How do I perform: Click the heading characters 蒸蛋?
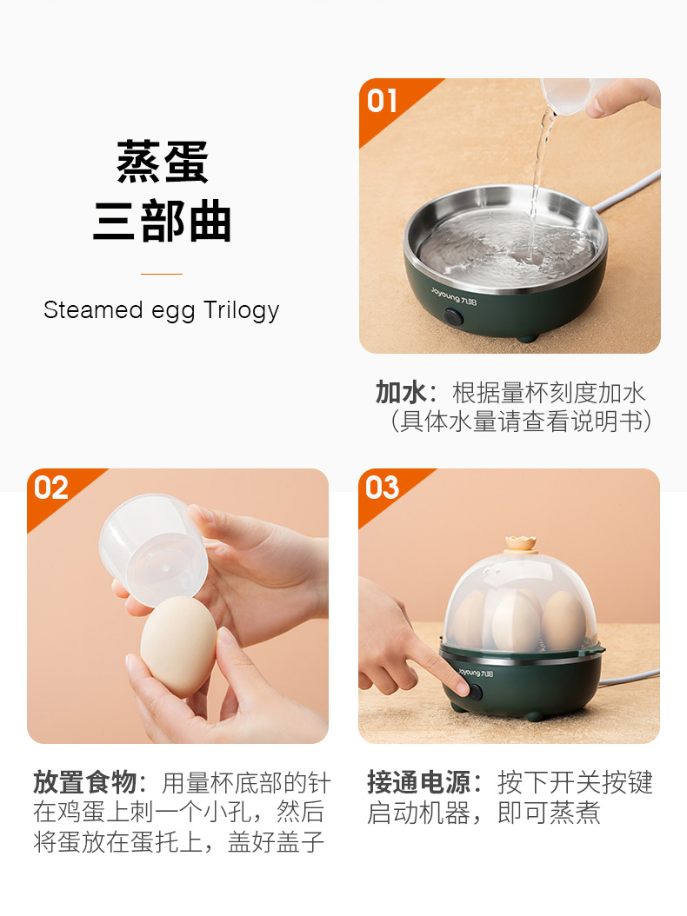pos(163,162)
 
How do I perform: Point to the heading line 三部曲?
pos(163,221)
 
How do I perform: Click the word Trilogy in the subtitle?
pos(241,311)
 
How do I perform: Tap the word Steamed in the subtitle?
pos(93,309)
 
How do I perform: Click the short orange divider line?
pos(162,274)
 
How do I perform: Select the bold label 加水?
pos(401,393)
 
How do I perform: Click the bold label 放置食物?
pos(84,782)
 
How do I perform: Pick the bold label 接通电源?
pos(418,782)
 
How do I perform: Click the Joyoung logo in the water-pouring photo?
pos(454,296)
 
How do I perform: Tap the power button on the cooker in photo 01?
pos(453,317)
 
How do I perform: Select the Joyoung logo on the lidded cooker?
pos(476,673)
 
